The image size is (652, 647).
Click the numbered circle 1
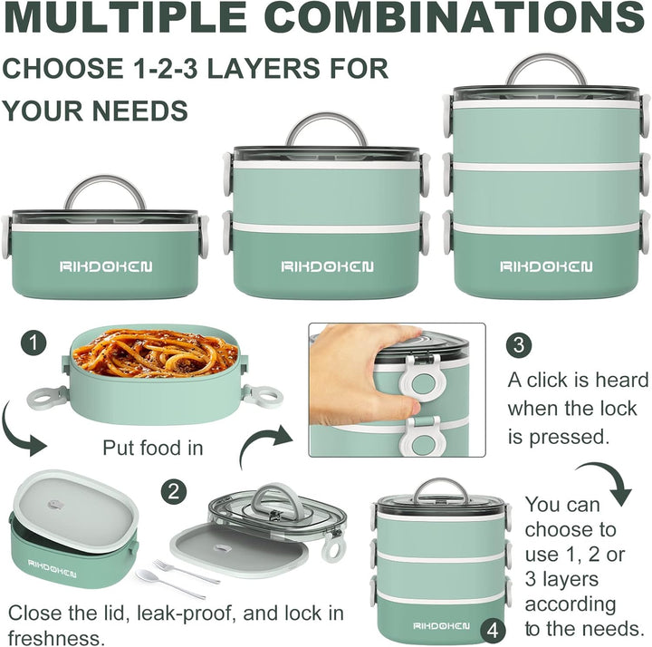pos(34,343)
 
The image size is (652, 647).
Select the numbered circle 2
pos(174,492)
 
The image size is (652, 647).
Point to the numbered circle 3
pos(519,345)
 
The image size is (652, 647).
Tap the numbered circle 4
pos(493,632)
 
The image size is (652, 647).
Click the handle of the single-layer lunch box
pos(105,192)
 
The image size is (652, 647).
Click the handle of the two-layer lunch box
pos(327,129)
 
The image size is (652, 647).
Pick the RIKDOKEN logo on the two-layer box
pos(327,266)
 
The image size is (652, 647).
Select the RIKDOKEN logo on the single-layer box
pos(106,266)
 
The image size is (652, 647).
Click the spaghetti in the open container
pos(155,352)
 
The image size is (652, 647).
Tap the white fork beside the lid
pos(186,571)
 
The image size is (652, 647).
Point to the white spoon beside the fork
pos(169,584)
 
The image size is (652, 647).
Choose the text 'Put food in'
pos(153,449)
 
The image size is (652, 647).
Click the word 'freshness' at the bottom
pos(53,638)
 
